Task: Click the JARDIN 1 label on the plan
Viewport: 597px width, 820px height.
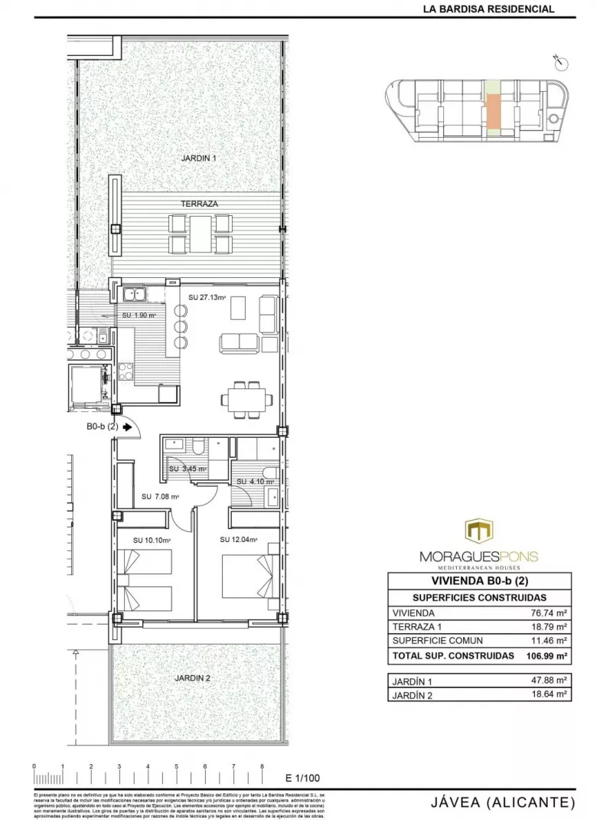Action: [199, 158]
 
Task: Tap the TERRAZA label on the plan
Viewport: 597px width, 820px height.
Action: [199, 204]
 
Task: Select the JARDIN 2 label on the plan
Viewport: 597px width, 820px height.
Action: [192, 678]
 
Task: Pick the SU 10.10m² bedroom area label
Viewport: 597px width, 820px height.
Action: [151, 540]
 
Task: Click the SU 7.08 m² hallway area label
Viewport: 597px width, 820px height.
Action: [160, 497]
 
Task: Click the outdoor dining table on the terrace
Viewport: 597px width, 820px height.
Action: [201, 234]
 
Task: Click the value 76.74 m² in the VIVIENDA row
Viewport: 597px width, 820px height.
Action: [548, 613]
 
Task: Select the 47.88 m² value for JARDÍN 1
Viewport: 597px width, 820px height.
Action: [548, 679]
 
